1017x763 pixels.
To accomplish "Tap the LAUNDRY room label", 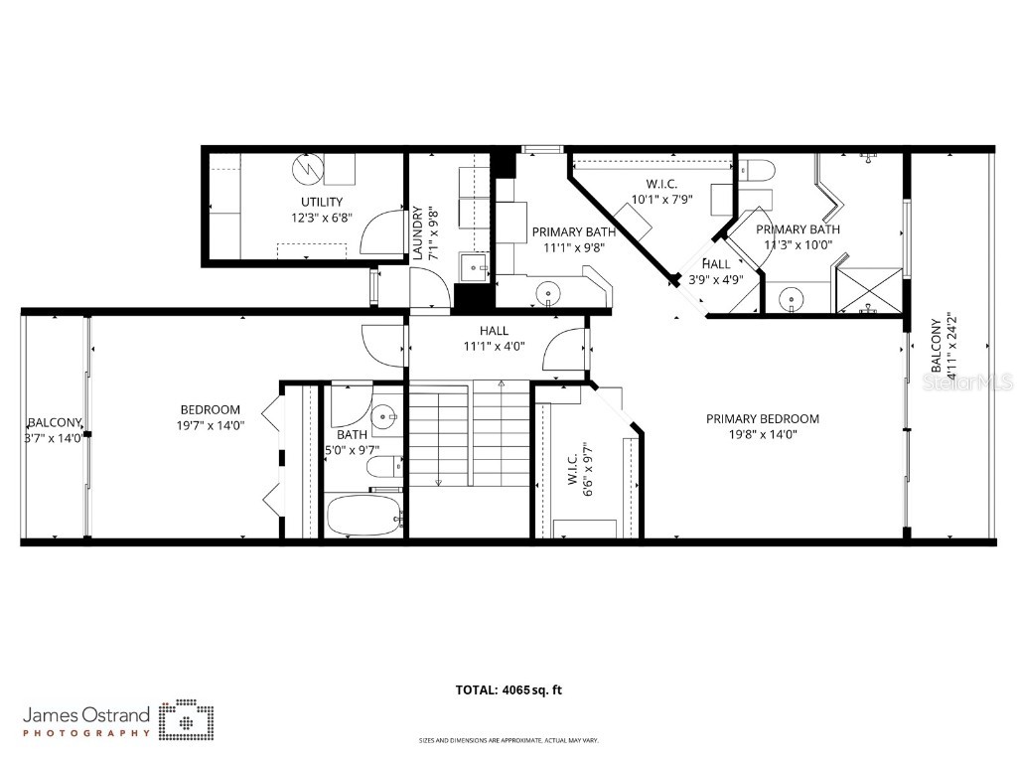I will click(418, 232).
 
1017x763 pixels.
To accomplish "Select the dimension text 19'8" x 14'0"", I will click(762, 433).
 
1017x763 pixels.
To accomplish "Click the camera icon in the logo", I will click(186, 720).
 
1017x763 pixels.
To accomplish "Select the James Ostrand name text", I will click(86, 714).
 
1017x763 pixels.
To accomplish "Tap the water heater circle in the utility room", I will click(307, 170).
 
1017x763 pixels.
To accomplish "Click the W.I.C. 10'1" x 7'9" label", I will click(660, 191).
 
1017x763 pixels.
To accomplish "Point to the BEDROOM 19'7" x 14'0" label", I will click(210, 417).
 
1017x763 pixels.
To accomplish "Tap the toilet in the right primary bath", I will click(755, 171).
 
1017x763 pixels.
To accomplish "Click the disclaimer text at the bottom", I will click(508, 740).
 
